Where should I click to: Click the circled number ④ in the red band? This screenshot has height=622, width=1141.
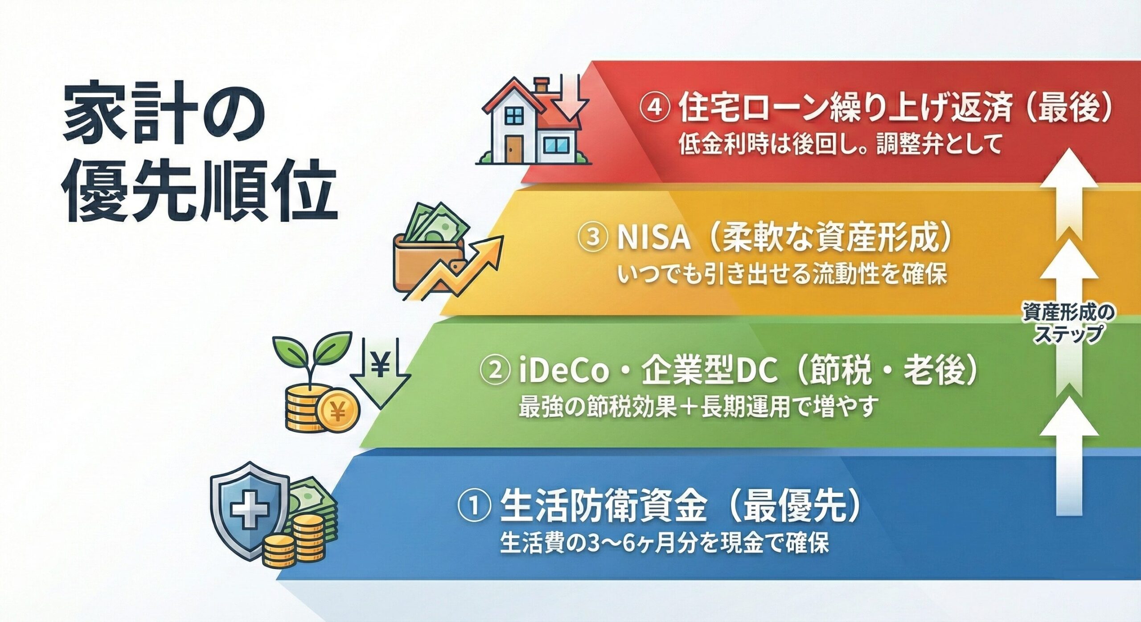coord(655,108)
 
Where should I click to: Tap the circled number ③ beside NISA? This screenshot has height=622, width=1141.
coord(592,237)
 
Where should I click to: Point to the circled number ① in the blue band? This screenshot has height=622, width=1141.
coord(474,507)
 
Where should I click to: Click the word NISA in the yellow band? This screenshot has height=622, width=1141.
coord(654,238)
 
